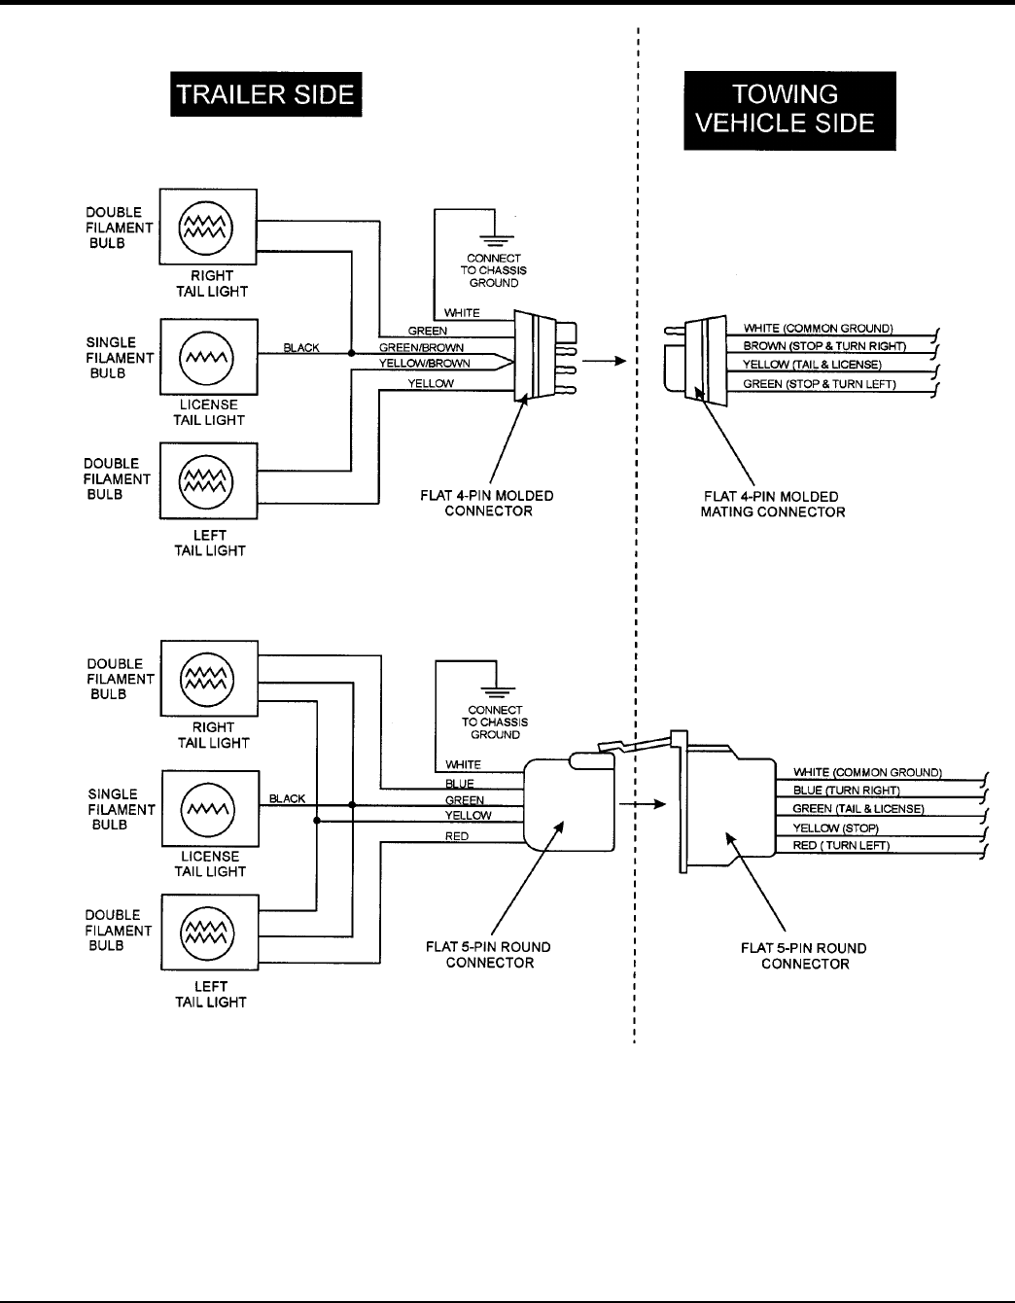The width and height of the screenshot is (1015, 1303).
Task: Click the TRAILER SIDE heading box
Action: (265, 94)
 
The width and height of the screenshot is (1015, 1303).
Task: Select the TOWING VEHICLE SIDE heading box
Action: (789, 110)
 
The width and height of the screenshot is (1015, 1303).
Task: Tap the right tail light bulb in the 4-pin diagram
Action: (206, 228)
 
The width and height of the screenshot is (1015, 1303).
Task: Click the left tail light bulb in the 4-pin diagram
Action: (206, 481)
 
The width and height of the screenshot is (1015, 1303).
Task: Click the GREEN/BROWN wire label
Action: (421, 348)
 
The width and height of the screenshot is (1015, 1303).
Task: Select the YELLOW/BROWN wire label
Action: (425, 364)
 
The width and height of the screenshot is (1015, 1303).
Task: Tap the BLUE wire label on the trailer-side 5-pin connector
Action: (459, 784)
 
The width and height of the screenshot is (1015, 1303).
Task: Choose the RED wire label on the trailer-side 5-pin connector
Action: (457, 836)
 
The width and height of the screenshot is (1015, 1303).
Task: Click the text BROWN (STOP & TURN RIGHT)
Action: (824, 346)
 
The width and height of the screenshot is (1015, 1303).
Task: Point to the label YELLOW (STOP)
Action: (836, 828)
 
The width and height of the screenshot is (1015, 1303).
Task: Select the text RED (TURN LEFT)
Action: (841, 845)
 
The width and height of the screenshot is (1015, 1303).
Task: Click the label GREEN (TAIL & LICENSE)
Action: (857, 809)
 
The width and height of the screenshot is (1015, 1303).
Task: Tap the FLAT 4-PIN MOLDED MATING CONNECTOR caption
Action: (772, 505)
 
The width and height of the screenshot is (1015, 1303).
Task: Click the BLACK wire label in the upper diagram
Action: (301, 348)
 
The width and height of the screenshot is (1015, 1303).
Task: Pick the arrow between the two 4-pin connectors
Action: (605, 361)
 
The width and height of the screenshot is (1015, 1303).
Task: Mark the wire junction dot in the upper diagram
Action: (351, 354)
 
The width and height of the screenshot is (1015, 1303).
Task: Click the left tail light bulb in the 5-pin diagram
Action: (207, 933)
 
